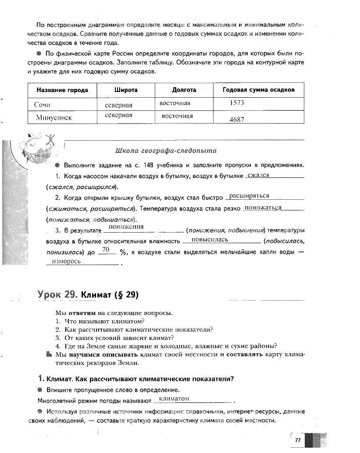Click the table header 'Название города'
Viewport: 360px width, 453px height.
[x=62, y=90]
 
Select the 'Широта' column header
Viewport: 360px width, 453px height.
[x=126, y=90]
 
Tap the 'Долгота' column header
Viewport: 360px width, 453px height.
[x=184, y=90]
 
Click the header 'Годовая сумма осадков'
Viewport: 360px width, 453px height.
[x=258, y=90]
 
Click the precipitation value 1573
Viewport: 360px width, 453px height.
[x=237, y=103]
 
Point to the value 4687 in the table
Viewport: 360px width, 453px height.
[x=237, y=119]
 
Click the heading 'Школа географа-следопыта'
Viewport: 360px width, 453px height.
[x=166, y=150]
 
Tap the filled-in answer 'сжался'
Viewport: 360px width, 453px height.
[x=258, y=175]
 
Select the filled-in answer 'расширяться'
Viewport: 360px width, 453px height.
[x=249, y=195]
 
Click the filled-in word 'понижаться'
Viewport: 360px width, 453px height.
[x=263, y=207]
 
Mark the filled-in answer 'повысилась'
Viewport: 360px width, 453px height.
[x=210, y=240]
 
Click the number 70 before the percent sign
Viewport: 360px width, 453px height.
[x=105, y=250]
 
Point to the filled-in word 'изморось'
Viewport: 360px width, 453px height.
[x=66, y=261]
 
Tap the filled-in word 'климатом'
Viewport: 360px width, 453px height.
[x=174, y=399]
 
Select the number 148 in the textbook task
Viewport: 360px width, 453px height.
[x=154, y=166]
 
